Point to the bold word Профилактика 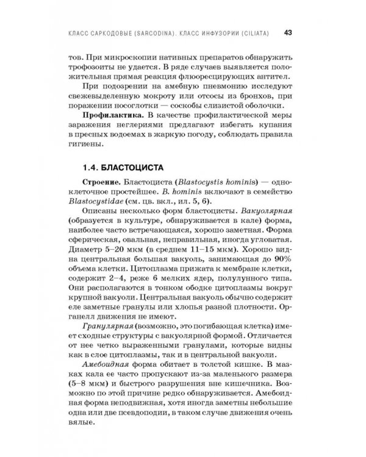coord(109,113)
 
